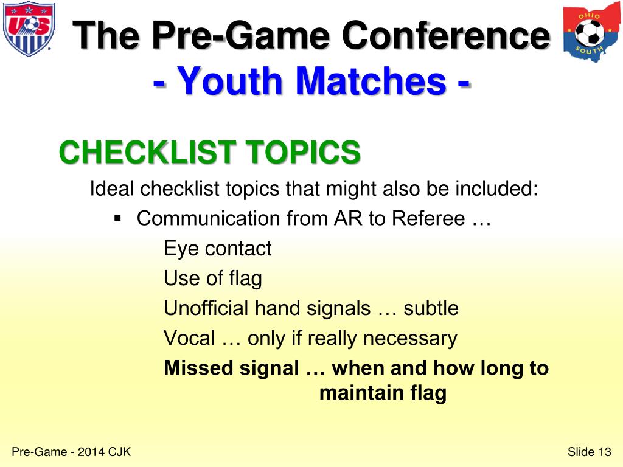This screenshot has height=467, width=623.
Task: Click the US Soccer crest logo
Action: coord(29,29)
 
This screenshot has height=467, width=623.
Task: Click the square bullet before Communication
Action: coord(118,217)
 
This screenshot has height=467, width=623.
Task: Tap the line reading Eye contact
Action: coord(217,249)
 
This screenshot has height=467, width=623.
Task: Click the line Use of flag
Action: coord(213,278)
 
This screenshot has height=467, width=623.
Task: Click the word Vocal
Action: coord(189,338)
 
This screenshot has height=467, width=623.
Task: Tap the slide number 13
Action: coord(604,451)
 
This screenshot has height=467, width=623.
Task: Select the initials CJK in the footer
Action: coord(120,451)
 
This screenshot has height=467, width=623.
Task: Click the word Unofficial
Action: coord(206,308)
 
